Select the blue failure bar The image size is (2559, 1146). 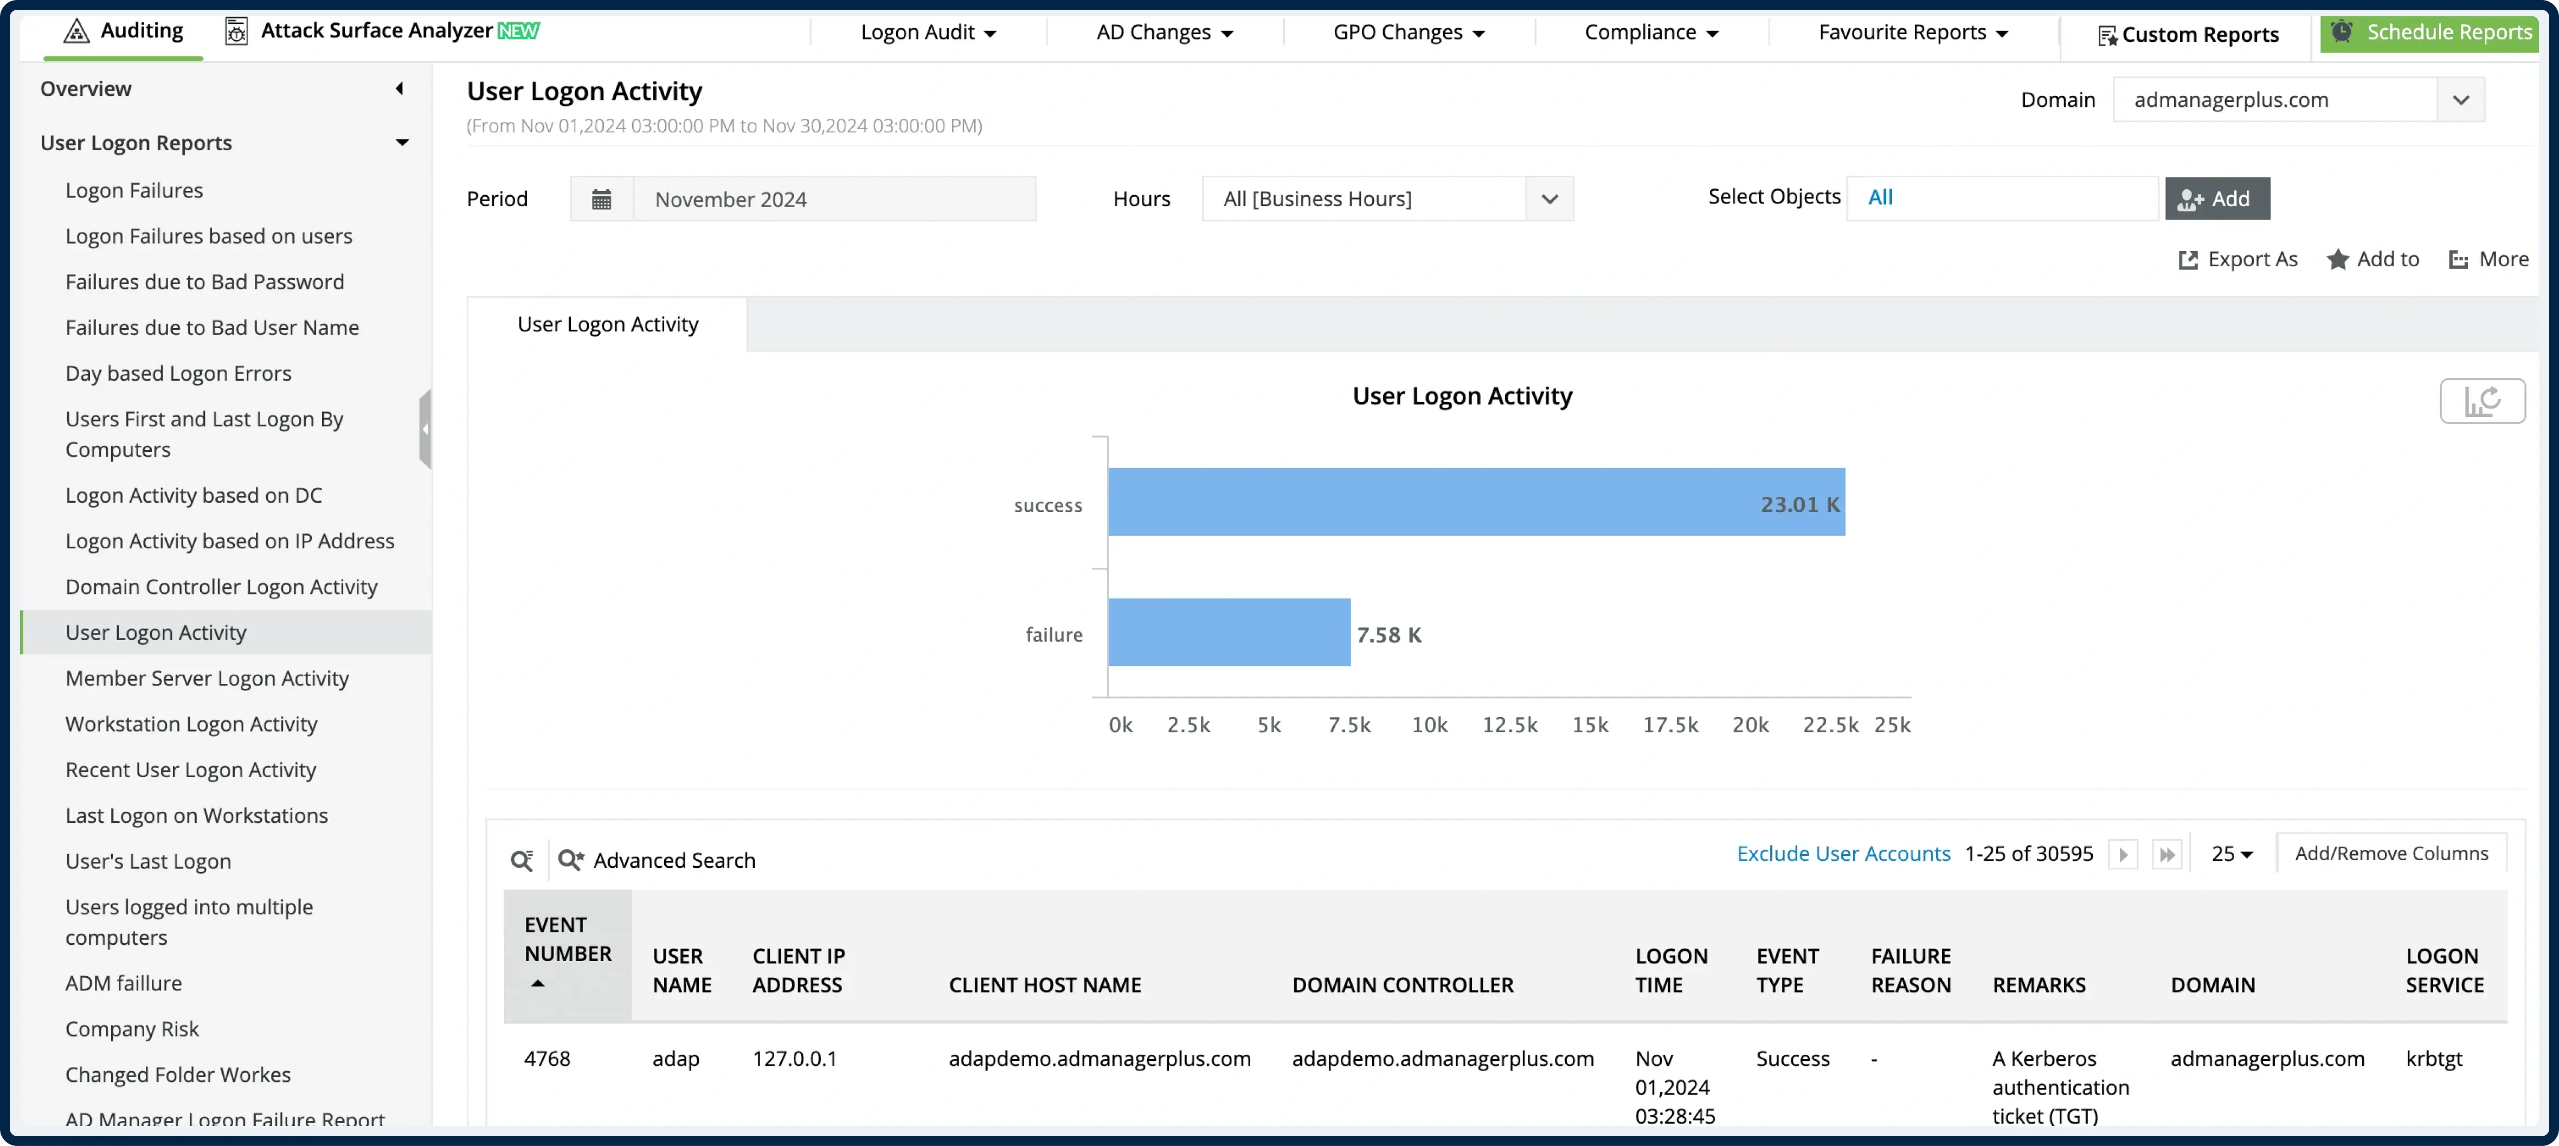(1229, 632)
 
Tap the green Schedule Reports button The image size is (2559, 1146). (2430, 33)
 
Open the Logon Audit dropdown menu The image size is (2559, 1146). (928, 33)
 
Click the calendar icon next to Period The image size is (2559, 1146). (601, 200)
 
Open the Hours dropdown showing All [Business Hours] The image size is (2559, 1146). (1387, 200)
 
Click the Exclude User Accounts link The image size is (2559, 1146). (1843, 854)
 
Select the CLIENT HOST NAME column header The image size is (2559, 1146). (1044, 985)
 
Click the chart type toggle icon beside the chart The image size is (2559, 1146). (2481, 401)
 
